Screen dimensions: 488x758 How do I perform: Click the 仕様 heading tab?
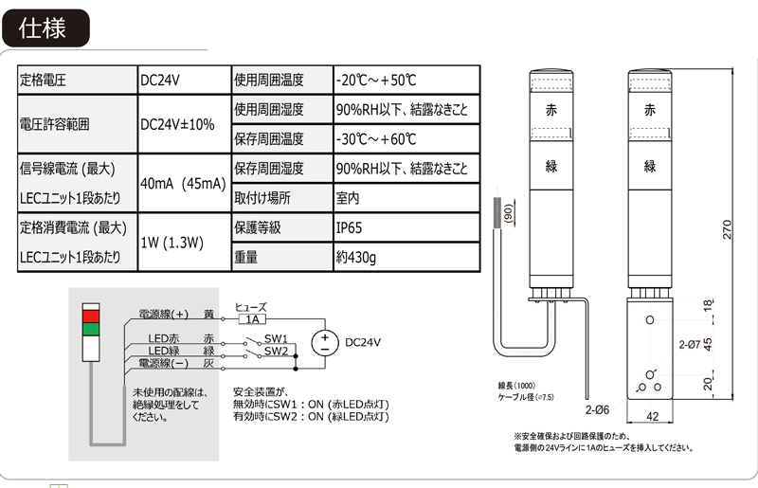45,28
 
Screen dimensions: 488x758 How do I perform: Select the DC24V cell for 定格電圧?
160,81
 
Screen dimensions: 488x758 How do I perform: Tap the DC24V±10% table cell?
177,124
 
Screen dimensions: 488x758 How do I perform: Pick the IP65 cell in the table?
349,228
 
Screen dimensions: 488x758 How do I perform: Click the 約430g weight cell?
356,257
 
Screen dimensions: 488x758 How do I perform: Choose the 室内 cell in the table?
348,199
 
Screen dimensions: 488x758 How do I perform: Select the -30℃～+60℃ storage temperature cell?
376,139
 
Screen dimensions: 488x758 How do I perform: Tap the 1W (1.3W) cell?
172,243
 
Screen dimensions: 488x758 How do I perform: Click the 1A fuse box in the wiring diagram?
252,319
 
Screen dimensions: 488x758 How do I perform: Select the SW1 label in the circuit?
276,338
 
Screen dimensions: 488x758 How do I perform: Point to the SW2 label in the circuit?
276,351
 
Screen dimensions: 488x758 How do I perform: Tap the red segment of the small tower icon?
91,315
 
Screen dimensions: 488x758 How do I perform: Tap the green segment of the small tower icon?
91,329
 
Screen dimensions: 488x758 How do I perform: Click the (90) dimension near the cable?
509,214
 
